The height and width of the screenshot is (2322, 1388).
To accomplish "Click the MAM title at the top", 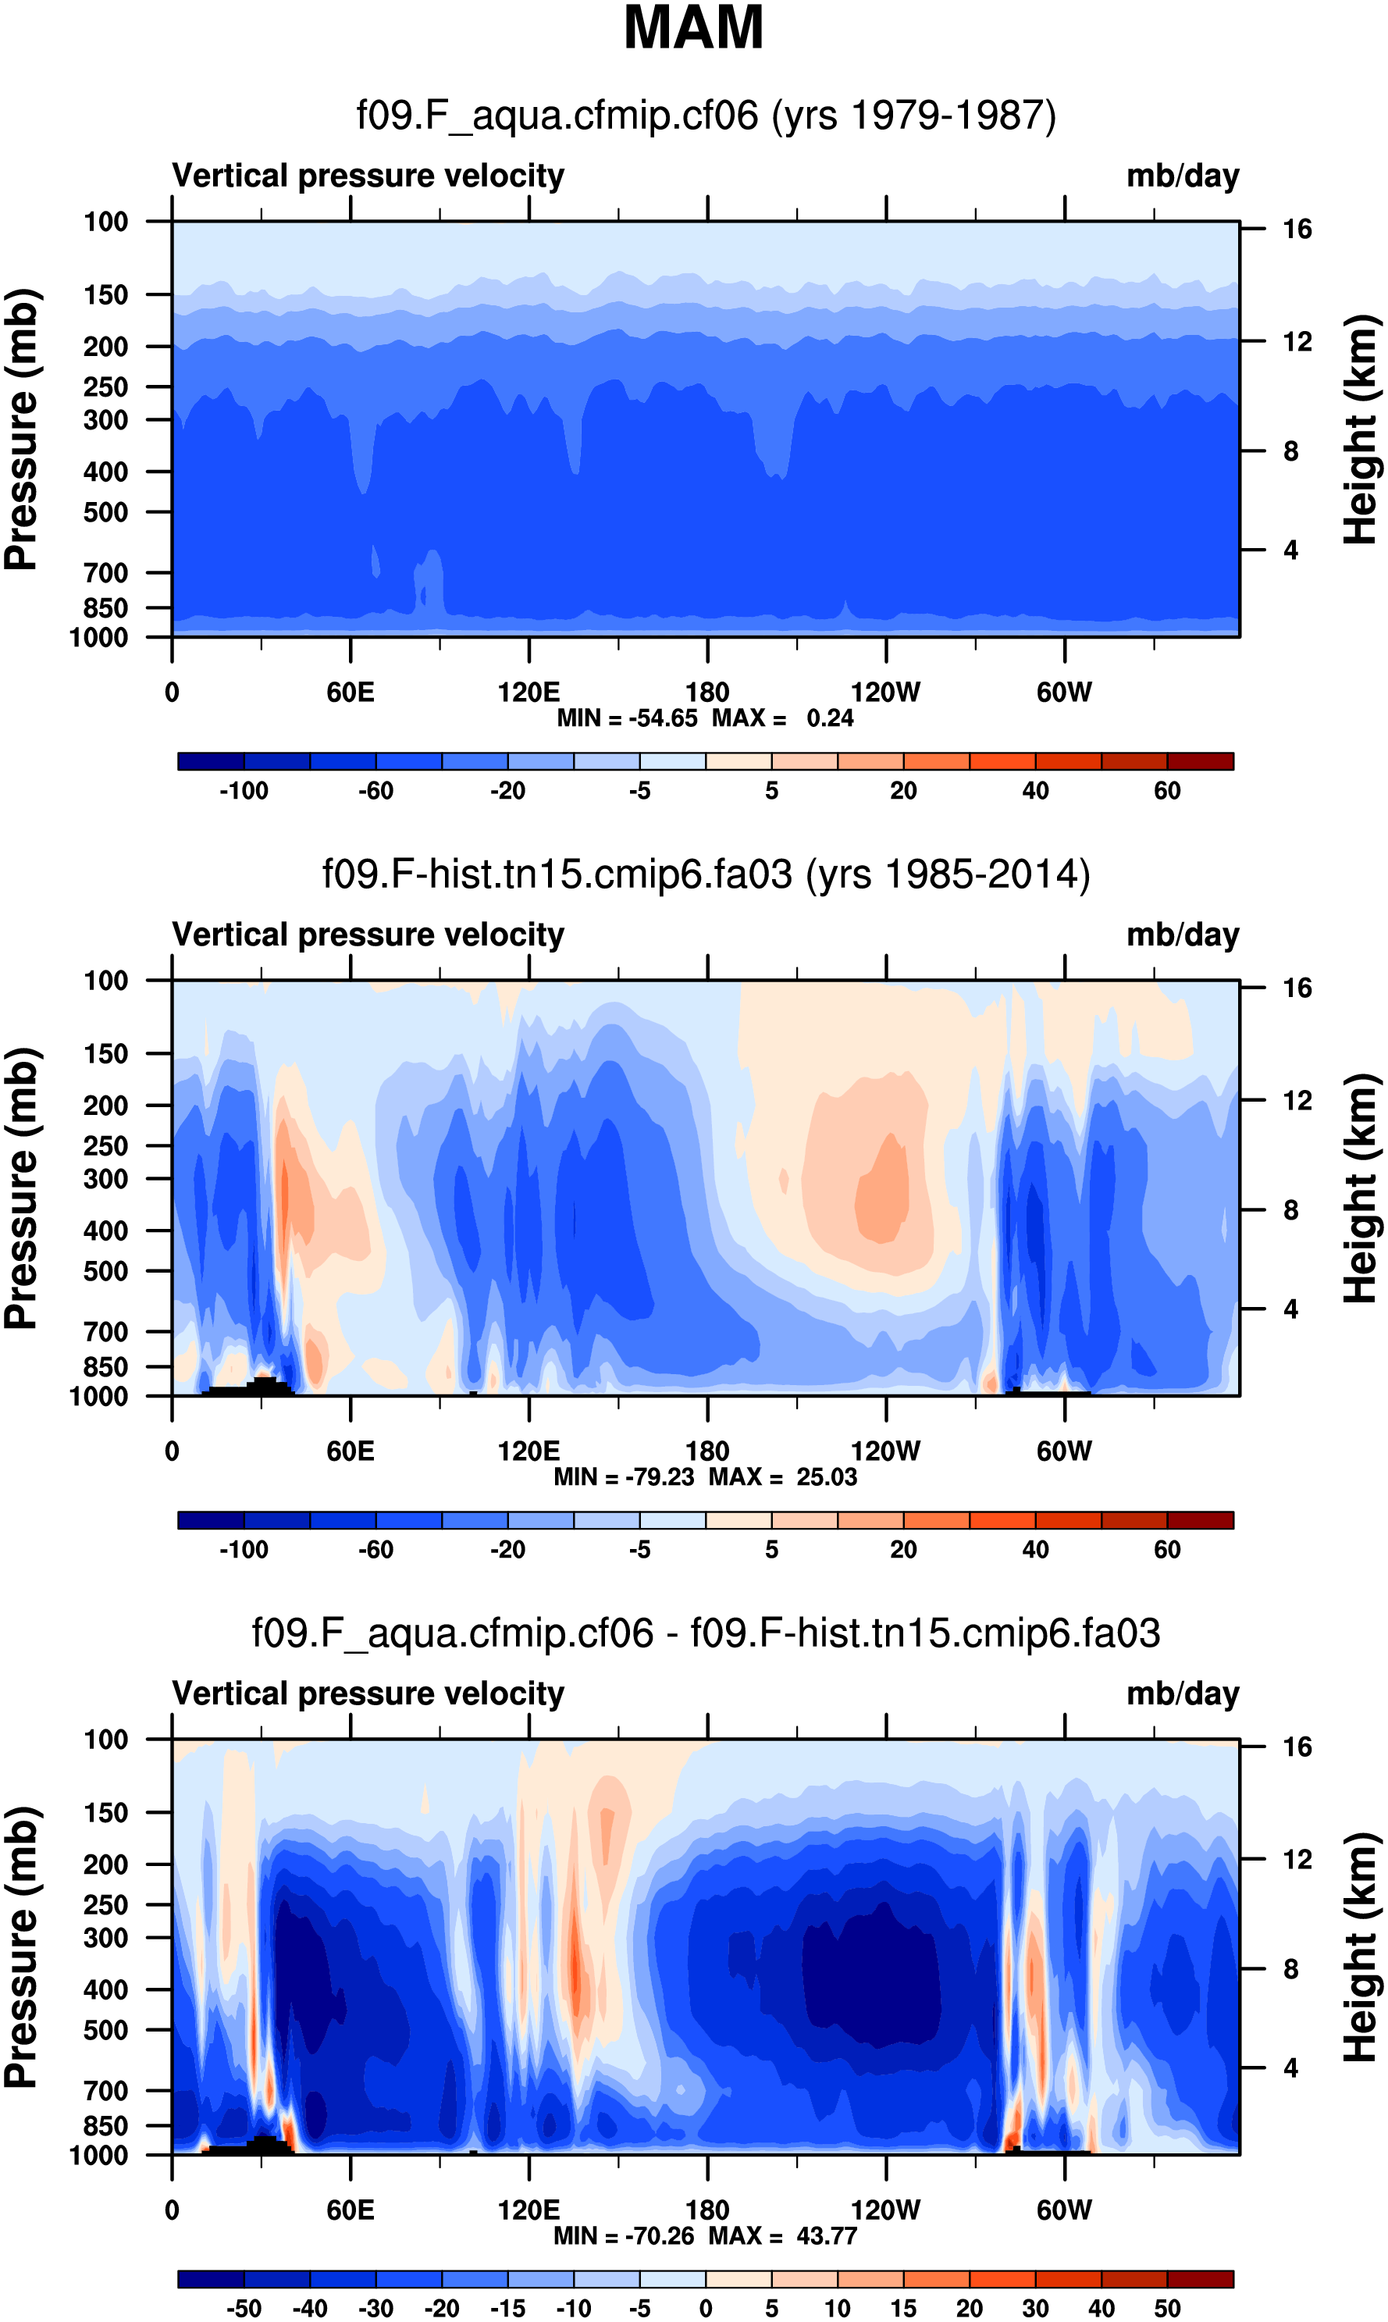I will (x=693, y=28).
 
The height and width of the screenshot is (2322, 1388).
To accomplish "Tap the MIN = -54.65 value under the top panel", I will (x=628, y=718).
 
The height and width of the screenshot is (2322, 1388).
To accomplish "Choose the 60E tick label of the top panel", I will (x=351, y=693).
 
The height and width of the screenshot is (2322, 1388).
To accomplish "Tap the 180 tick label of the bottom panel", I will (x=707, y=2210).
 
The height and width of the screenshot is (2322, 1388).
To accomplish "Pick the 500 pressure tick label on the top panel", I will (x=105, y=512).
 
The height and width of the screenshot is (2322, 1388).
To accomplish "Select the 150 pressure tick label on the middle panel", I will (x=105, y=1054).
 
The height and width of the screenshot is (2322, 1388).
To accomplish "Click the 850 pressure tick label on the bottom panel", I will (x=105, y=2125).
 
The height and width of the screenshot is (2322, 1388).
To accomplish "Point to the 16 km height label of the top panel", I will (x=1297, y=229).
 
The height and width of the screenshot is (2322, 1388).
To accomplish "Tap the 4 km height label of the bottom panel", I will (x=1290, y=2067).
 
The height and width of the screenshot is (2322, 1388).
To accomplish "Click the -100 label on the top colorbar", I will (x=244, y=791).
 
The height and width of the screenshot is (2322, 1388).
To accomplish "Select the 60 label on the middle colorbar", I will (x=1166, y=1550).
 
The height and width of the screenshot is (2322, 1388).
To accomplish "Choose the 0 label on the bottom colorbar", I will (x=706, y=2308).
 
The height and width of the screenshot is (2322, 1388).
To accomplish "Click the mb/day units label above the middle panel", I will (x=1182, y=935).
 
